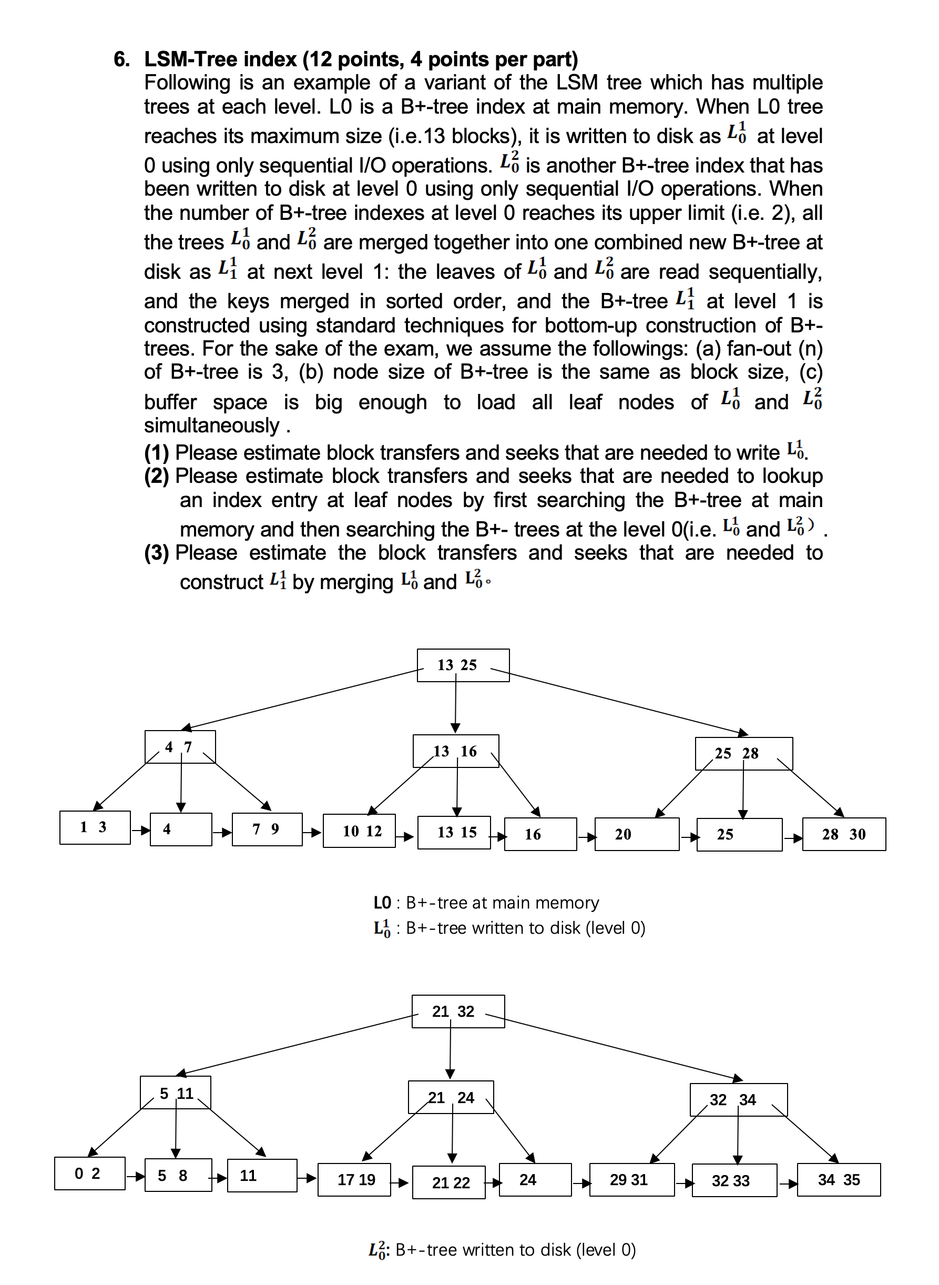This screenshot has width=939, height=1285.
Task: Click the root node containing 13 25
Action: coord(463,665)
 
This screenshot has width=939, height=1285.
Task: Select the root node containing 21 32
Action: coord(457,1011)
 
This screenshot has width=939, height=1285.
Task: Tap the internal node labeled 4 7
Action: coord(180,746)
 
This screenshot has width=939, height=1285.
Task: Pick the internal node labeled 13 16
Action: coord(455,751)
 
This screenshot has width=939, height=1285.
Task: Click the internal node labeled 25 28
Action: coord(743,753)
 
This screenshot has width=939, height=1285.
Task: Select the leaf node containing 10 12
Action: coord(359,831)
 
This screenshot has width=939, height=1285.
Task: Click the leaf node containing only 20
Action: coord(636,834)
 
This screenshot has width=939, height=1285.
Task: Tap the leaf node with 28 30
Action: coord(843,834)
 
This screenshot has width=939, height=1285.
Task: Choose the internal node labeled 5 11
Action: coord(175,1092)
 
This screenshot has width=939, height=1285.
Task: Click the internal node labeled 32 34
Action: coord(738,1099)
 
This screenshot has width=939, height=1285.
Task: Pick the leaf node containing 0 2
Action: coord(89,1173)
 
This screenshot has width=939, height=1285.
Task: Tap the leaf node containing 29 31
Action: coord(631,1180)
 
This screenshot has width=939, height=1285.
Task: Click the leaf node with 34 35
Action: coord(839,1180)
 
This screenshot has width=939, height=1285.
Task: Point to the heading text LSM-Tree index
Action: coord(220,59)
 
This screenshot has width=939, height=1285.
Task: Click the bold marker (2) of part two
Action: coord(156,476)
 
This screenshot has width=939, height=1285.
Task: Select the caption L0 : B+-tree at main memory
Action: coord(486,903)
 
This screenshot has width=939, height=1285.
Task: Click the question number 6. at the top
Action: coord(121,59)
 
